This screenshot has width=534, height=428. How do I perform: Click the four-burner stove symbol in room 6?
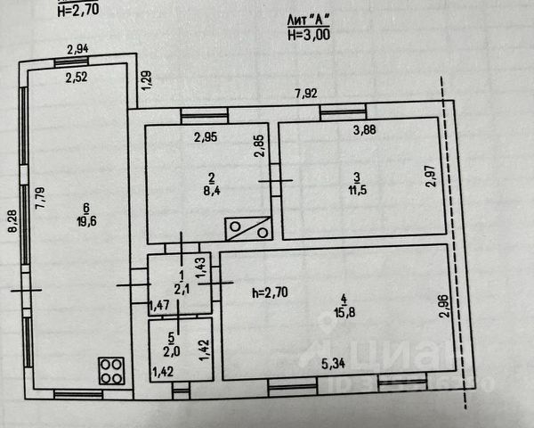tap(111, 370)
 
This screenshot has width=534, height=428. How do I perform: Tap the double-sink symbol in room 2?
tap(248, 228)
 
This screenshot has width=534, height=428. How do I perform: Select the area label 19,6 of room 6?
tap(86, 224)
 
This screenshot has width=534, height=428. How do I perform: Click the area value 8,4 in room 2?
tap(210, 189)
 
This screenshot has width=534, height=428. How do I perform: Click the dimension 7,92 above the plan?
tap(307, 92)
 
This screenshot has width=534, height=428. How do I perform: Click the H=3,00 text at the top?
tap(308, 35)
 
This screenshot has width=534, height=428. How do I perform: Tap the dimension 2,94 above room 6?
tap(78, 50)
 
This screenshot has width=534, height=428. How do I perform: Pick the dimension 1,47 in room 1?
tap(160, 306)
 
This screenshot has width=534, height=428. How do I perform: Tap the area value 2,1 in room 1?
tap(182, 289)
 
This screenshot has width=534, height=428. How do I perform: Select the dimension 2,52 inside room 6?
tap(78, 77)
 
